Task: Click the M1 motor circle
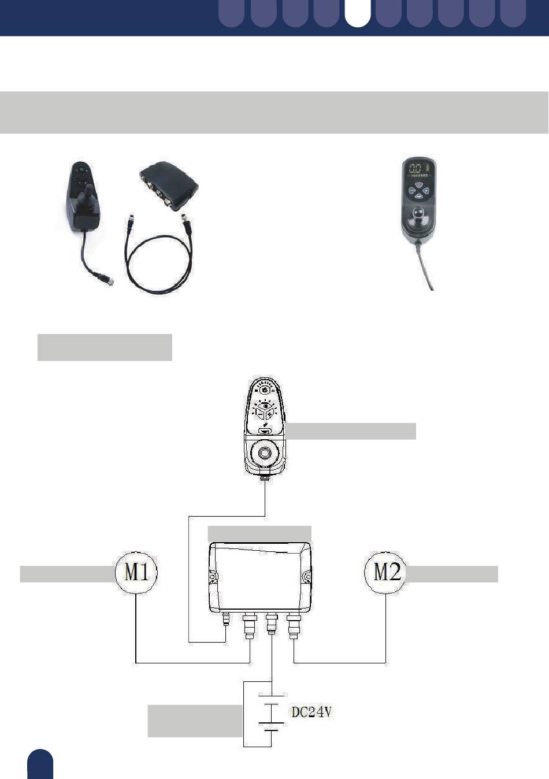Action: click(136, 572)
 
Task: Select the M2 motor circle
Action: click(385, 572)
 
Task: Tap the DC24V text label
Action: click(311, 712)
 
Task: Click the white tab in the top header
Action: click(358, 13)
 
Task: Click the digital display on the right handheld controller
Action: click(418, 169)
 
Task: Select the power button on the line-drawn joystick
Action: click(265, 390)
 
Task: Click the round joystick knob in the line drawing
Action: click(265, 453)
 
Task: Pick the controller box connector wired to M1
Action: click(250, 626)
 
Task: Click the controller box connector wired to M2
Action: click(294, 626)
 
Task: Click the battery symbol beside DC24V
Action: click(272, 713)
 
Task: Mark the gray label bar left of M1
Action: click(68, 574)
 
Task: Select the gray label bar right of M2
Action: click(452, 574)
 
